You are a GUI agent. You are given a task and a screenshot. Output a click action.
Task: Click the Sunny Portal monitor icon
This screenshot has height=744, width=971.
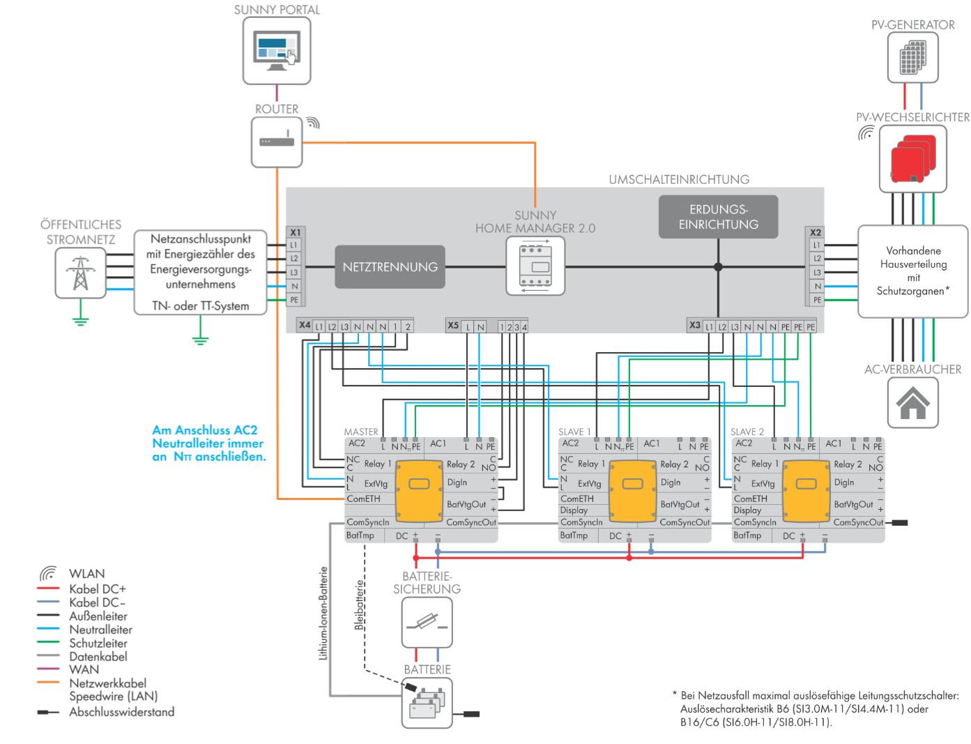click(276, 50)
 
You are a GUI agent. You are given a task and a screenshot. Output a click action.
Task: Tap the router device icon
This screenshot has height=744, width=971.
click(276, 142)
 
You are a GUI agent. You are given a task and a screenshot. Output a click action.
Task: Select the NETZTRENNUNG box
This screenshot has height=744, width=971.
click(390, 267)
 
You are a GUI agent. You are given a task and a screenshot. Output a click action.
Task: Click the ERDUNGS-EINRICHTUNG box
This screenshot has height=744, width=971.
click(718, 217)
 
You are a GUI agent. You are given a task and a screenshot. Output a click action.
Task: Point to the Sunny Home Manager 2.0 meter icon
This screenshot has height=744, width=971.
click(535, 266)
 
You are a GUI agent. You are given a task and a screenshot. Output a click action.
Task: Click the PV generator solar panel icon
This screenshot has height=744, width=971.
click(912, 57)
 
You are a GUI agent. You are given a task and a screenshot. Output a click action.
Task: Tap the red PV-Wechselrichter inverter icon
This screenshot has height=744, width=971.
click(912, 158)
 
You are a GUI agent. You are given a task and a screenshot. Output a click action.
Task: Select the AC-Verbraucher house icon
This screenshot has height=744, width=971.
click(912, 402)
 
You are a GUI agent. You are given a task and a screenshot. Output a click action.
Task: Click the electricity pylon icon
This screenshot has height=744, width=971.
click(80, 273)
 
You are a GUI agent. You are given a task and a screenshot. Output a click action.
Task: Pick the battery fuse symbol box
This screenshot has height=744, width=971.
click(427, 623)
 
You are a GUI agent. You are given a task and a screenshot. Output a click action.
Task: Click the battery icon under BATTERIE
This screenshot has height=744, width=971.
click(427, 703)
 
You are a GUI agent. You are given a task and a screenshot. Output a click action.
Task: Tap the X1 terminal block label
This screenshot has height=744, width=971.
click(295, 232)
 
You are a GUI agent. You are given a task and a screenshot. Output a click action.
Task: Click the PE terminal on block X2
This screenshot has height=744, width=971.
click(817, 300)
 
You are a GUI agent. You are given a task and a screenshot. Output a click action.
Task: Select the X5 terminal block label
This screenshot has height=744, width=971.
click(452, 326)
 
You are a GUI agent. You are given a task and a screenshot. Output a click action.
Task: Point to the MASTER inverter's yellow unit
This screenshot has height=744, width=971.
click(419, 491)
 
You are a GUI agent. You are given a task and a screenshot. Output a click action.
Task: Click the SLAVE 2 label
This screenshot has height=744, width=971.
click(747, 432)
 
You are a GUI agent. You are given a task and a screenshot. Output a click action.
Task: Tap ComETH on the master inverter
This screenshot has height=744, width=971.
click(363, 499)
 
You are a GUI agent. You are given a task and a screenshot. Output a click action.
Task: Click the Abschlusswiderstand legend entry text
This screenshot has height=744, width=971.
click(121, 712)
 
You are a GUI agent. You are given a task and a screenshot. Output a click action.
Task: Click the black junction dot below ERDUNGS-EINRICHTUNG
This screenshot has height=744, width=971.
click(718, 267)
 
